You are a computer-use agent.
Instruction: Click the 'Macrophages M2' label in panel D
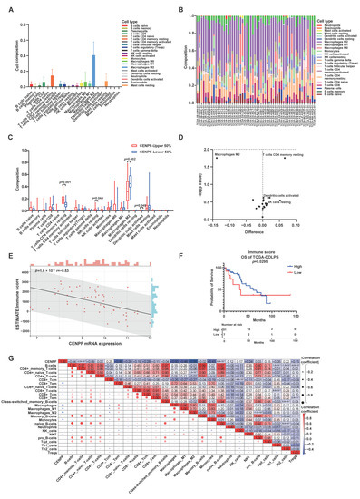click(226, 157)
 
